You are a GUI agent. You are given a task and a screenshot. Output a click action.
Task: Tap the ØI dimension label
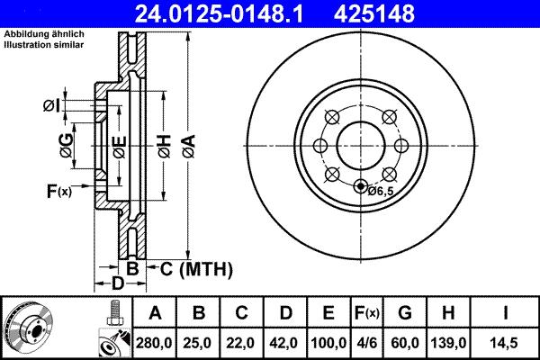click(x=51, y=105)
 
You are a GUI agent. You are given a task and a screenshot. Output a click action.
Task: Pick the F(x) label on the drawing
click(x=58, y=190)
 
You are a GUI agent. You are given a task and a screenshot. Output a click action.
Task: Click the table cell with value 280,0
click(x=156, y=343)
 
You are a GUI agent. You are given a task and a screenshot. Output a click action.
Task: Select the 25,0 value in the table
click(x=199, y=343)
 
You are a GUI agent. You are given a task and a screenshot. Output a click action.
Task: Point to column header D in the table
click(x=285, y=313)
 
